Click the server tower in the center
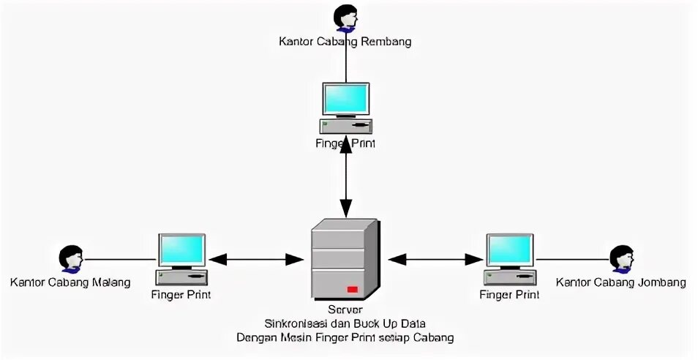click(x=345, y=260)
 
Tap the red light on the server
click(x=353, y=290)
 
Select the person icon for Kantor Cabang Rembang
click(x=345, y=18)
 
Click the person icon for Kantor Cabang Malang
click(x=70, y=258)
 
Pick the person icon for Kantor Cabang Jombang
click(x=621, y=258)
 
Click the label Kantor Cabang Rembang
click(x=345, y=42)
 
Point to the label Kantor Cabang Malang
click(x=70, y=282)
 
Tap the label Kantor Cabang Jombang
click(x=620, y=282)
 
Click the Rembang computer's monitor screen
click(x=346, y=100)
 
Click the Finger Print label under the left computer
click(x=181, y=295)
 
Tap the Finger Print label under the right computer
click(x=509, y=295)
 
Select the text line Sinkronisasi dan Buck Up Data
click(x=345, y=323)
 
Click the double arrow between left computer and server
click(x=256, y=258)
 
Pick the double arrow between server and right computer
click(x=435, y=258)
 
